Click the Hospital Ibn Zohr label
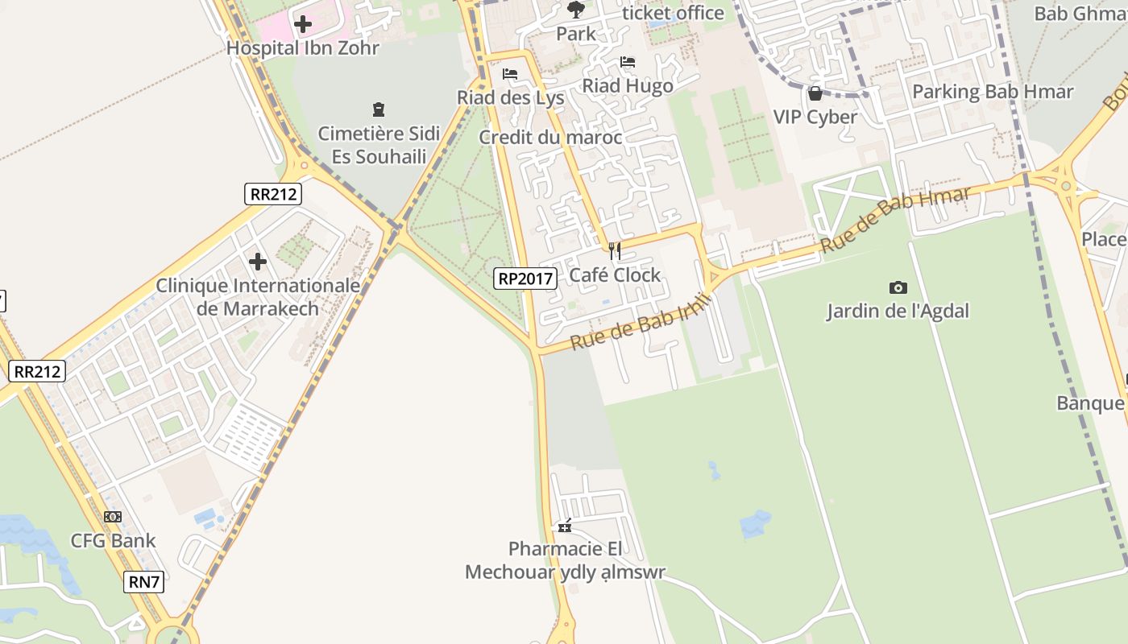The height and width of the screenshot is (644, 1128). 302,47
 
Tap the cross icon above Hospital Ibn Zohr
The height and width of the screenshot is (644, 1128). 303,24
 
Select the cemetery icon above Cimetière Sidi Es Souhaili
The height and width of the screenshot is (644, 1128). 378,109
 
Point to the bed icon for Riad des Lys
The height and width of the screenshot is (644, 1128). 509,74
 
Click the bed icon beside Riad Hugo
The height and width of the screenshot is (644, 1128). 628,62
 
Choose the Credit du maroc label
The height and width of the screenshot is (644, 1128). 550,137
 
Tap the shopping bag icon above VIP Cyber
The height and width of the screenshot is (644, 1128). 815,93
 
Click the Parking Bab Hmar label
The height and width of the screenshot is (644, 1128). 993,92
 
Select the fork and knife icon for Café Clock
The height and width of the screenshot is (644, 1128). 615,251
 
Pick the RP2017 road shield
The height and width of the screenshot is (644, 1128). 525,279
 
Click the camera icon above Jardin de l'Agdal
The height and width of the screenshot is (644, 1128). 898,287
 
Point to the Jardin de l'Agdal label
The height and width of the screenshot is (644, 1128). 898,311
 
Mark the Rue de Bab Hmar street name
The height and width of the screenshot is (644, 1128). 896,220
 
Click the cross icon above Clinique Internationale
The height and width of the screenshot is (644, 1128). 258,262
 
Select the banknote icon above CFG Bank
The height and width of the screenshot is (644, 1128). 113,517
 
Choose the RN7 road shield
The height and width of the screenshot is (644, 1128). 145,582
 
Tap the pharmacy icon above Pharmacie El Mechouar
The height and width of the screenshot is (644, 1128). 565,526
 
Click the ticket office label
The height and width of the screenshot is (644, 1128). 674,13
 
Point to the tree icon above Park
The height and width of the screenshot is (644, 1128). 575,10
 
